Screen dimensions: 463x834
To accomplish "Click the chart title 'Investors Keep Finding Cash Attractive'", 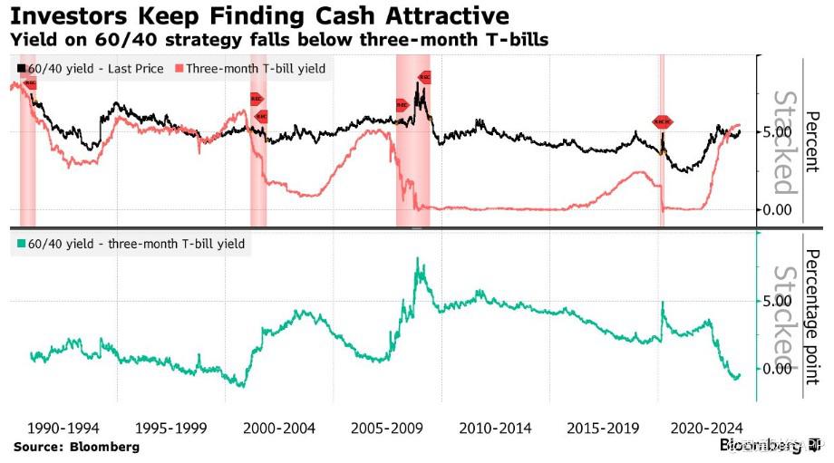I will [x=257, y=16].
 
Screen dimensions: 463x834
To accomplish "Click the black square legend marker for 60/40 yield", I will [x=21, y=68].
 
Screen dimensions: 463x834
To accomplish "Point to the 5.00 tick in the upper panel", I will [x=779, y=132].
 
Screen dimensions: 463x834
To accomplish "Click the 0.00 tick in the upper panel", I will [x=779, y=209].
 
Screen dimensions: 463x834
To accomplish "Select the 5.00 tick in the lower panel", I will [x=779, y=301].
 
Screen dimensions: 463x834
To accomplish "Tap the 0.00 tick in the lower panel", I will [x=779, y=369].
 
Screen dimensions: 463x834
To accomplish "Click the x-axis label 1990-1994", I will [x=64, y=428].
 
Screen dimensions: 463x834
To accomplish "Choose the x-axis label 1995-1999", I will [x=171, y=428].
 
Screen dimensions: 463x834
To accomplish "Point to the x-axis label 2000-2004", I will [x=279, y=428].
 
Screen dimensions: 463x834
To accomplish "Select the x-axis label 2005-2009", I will [x=387, y=428].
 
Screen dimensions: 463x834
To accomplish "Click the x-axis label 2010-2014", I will [x=495, y=428].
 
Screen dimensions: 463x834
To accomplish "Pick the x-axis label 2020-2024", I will [x=709, y=428].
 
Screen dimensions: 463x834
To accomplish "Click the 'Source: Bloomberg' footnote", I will [x=76, y=448].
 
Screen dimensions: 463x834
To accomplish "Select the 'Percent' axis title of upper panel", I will [x=812, y=142].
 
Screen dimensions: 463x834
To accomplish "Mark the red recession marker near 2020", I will [x=663, y=121].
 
